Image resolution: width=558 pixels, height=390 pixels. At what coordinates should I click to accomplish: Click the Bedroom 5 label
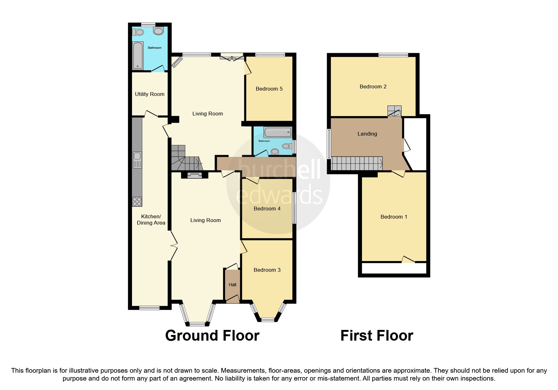tap(269, 89)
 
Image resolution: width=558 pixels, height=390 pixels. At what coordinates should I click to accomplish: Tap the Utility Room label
tap(150, 94)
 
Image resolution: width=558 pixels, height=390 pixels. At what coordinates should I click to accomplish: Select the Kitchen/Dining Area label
tap(151, 220)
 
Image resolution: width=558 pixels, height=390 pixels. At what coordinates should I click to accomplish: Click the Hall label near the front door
tap(233, 285)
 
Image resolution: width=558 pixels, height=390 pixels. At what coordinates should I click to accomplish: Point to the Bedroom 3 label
tap(267, 270)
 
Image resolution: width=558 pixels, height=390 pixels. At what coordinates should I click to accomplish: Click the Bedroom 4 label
tap(267, 209)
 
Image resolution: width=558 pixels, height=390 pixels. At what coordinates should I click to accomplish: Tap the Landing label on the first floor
tap(367, 134)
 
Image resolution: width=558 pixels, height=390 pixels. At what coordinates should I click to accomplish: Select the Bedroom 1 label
tap(394, 217)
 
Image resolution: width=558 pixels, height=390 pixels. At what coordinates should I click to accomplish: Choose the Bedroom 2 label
tap(373, 86)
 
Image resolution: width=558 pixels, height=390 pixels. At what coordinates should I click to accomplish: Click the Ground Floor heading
tap(212, 336)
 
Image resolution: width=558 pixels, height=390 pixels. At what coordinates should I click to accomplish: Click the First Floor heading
tap(377, 336)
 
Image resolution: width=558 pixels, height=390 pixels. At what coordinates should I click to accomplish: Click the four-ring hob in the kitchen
tap(137, 201)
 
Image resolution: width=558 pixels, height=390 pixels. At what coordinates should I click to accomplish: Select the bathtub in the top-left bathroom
tap(138, 55)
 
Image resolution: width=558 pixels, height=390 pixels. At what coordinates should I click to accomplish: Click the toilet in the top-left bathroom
tap(138, 32)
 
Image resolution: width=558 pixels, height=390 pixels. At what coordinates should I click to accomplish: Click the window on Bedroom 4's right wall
tap(294, 208)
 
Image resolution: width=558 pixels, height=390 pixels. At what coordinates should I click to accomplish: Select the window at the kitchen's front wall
tap(150, 308)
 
